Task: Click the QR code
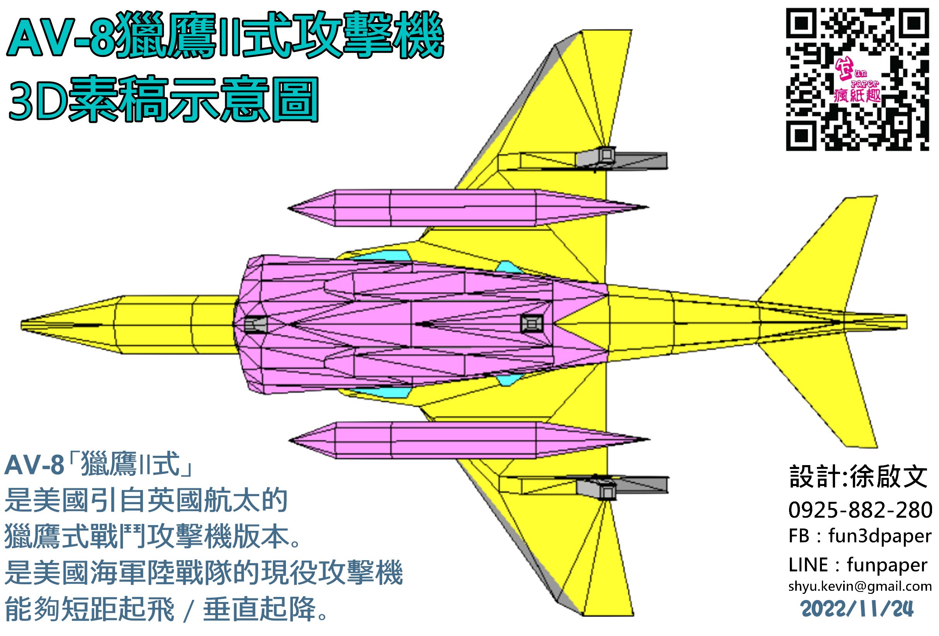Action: click(856, 79)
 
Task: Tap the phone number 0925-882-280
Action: click(860, 510)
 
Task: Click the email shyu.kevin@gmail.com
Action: click(860, 586)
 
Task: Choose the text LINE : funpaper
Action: click(857, 565)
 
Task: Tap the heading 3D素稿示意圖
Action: click(163, 100)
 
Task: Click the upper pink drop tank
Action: click(464, 208)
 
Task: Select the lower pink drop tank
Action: click(464, 440)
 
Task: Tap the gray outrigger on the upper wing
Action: click(622, 159)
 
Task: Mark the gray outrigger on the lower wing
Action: click(622, 486)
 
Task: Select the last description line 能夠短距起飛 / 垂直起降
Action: click(166, 609)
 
